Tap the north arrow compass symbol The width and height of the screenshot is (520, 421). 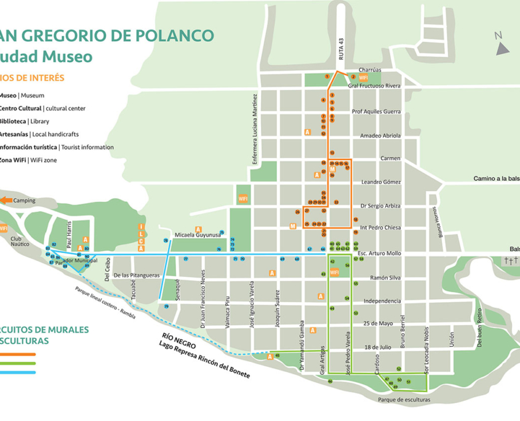[x=502, y=44]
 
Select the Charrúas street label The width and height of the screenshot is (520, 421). [x=369, y=70]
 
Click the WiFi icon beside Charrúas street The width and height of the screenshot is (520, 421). [x=363, y=78]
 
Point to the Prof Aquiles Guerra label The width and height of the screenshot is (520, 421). [x=376, y=112]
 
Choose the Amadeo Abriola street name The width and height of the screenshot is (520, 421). [x=380, y=135]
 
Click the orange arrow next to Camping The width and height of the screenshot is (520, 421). [x=6, y=200]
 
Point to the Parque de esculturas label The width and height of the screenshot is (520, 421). [x=404, y=399]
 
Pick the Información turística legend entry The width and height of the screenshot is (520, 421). [x=55, y=147]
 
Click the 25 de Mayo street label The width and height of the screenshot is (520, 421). [x=377, y=323]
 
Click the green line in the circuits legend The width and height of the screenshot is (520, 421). [x=18, y=363]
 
